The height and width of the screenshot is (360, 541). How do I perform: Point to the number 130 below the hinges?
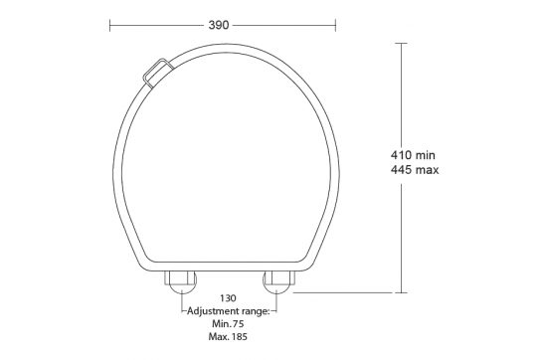click(227, 297)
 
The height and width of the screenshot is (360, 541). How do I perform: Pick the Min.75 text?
click(227, 323)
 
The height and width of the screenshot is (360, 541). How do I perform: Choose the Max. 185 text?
click(227, 337)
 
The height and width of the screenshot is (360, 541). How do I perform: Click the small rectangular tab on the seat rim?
click(156, 73)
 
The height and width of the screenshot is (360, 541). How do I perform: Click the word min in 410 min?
click(427, 155)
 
